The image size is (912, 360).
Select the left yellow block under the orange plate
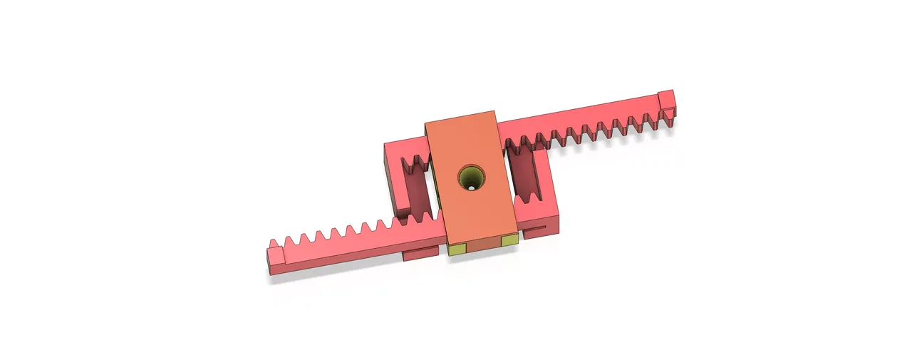(x=457, y=250)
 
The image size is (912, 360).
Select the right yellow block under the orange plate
(x=509, y=242)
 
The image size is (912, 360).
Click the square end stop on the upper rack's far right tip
(x=666, y=99)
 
